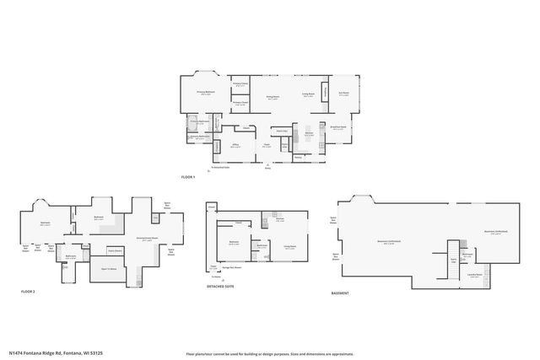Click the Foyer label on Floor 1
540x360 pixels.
coord(266,147)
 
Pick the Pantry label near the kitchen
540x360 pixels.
coord(298,156)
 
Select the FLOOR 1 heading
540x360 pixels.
coord(188,177)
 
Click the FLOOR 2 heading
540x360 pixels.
coord(29,291)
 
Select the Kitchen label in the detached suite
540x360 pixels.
coord(279,222)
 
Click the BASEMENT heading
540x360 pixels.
coord(341,294)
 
